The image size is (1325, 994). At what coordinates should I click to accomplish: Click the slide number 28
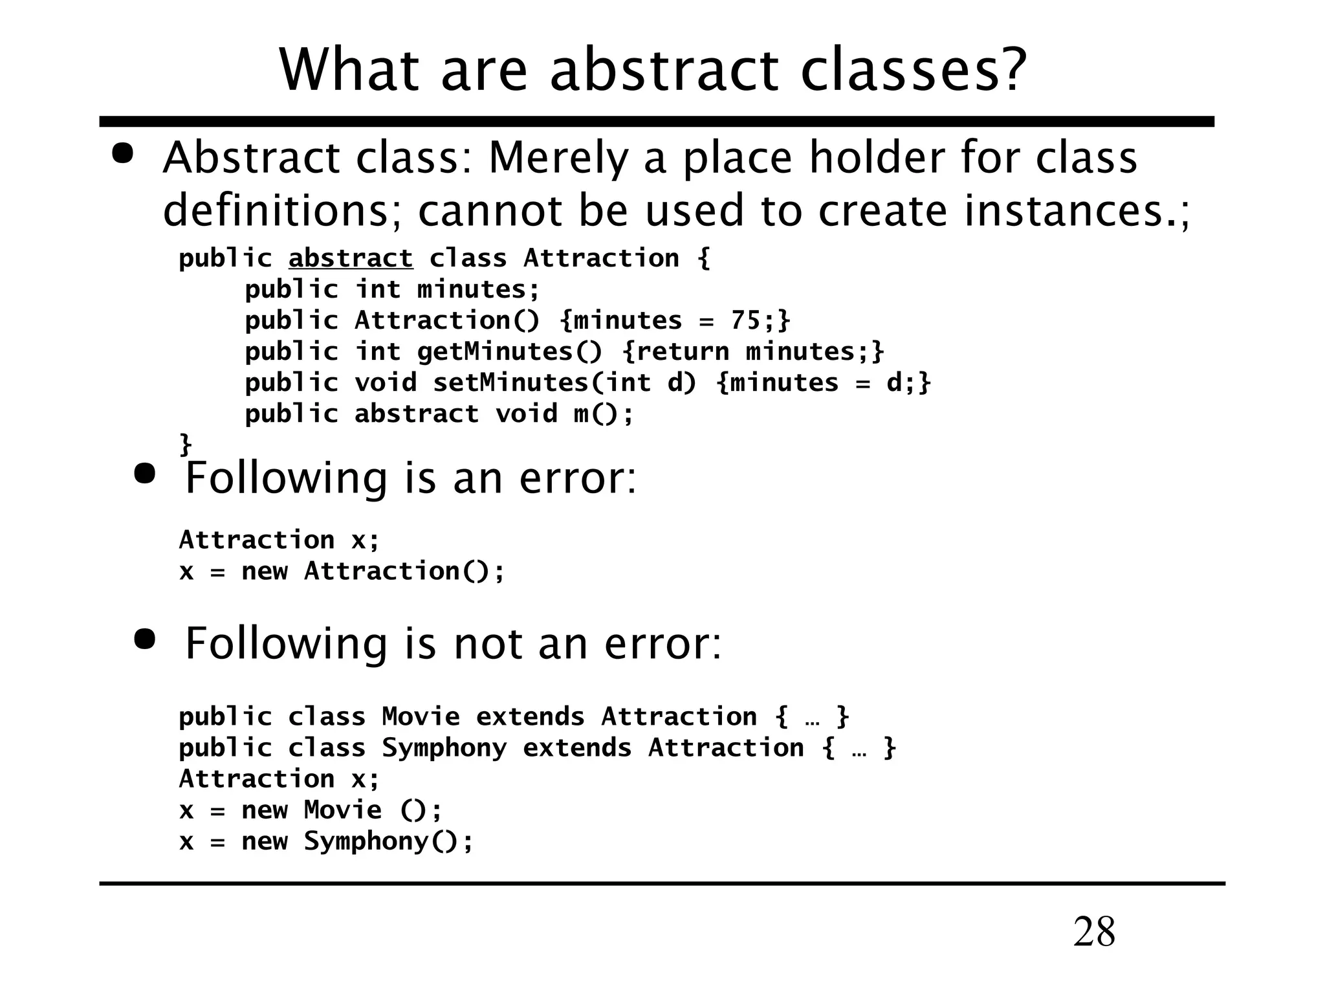(1094, 932)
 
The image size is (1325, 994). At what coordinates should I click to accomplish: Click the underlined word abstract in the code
(350, 258)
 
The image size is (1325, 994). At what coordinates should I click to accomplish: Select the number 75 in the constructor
(745, 320)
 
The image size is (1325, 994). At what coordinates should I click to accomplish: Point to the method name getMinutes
(495, 351)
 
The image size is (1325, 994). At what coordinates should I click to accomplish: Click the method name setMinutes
(510, 382)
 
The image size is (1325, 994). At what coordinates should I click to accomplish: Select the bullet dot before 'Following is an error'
(145, 474)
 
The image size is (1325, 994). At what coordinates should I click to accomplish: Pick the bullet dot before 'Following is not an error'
(145, 639)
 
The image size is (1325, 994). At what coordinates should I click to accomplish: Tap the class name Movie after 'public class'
(421, 717)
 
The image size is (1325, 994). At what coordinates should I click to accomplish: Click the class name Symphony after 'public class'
(444, 748)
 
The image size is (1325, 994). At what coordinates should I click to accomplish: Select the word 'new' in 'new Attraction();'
(265, 571)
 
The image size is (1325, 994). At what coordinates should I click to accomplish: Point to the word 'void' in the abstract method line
(526, 414)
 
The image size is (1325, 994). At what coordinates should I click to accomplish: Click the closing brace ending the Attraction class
(186, 445)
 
